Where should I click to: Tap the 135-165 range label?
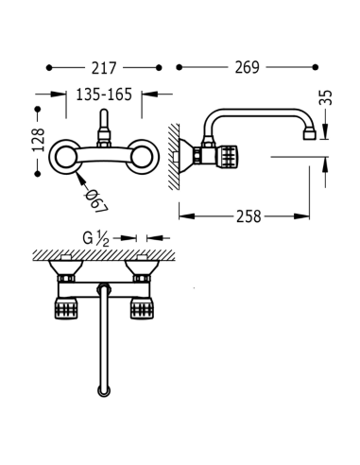(103, 95)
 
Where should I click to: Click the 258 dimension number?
(249, 215)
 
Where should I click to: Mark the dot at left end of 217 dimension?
(49, 68)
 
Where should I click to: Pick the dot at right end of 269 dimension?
(315, 68)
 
